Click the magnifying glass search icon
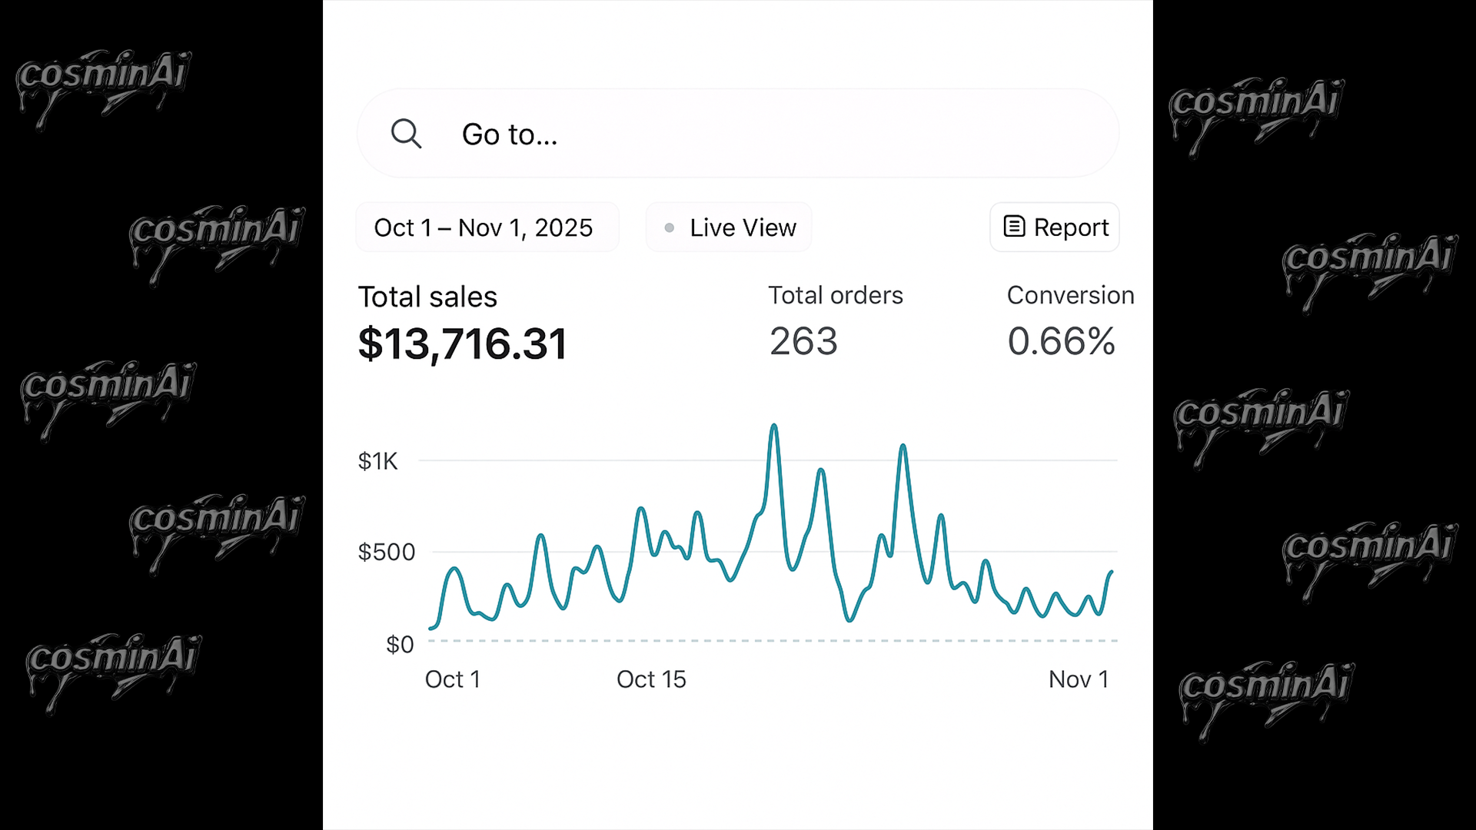pos(406,134)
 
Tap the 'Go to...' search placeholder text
pos(509,134)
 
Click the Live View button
pos(729,227)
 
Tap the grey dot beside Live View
pos(670,227)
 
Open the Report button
pos(1054,227)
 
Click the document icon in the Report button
pos(1014,227)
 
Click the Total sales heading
pos(427,297)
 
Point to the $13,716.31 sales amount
pos(462,343)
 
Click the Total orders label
pos(836,295)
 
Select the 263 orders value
pos(803,341)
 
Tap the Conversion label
pos(1070,295)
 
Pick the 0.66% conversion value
pos(1061,341)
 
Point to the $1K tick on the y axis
pos(378,461)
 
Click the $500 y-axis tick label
pos(387,552)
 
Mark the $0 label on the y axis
pos(400,644)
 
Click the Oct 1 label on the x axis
pos(453,679)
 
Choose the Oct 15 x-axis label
pos(651,679)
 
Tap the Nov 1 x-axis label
pos(1079,679)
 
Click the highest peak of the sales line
pos(773,426)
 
